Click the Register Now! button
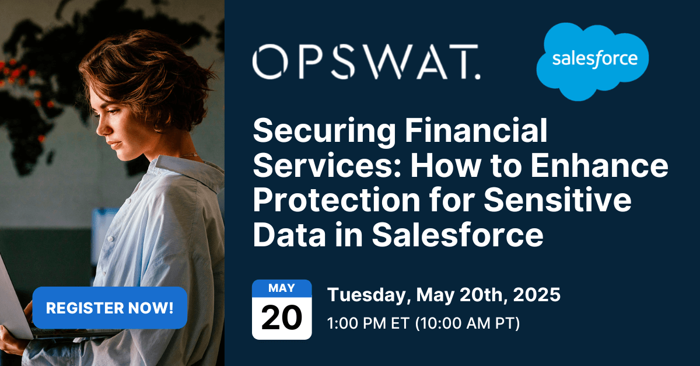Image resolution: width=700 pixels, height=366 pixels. point(110,308)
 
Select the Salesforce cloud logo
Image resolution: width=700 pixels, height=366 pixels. point(593,61)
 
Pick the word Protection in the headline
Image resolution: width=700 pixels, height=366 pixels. point(334,201)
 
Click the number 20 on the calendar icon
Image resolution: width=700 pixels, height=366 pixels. point(282,318)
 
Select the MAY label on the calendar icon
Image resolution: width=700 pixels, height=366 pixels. point(282,288)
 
